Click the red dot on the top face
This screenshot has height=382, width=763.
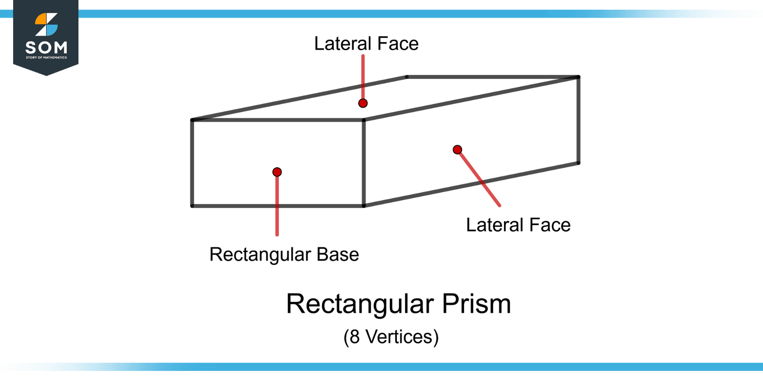[x=363, y=103]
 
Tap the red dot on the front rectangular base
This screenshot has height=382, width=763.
[x=277, y=172]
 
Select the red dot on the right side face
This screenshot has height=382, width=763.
[x=457, y=149]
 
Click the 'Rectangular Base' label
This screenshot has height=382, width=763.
[x=284, y=255]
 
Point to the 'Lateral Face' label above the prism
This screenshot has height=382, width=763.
[x=366, y=44]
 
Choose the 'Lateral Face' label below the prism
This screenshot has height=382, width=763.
[x=518, y=225]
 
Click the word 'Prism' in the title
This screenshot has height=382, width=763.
[x=476, y=304]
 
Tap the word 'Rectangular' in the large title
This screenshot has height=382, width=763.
[x=360, y=304]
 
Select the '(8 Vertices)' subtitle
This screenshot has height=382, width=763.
[x=391, y=337]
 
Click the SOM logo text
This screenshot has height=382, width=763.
[x=46, y=47]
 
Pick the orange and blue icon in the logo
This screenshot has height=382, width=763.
[x=46, y=25]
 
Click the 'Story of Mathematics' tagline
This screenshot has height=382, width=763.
[x=46, y=57]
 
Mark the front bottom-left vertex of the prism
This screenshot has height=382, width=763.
[x=192, y=206]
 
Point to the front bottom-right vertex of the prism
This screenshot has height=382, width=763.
[x=364, y=206]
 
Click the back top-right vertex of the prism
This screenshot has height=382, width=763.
[x=579, y=77]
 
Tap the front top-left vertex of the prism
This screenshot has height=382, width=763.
[x=192, y=120]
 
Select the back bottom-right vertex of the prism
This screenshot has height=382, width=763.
[x=579, y=163]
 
